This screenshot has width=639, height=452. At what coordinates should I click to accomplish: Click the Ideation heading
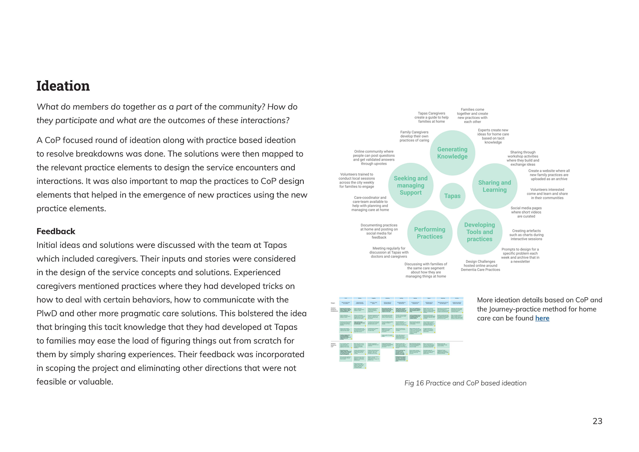point(63,86)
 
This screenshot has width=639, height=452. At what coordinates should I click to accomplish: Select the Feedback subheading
point(56,231)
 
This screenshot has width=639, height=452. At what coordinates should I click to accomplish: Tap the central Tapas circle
point(452,196)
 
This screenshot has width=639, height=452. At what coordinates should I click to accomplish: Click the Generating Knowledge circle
point(452,153)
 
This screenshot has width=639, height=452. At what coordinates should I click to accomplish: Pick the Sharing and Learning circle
point(494,186)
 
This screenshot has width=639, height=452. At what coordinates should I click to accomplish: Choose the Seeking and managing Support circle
point(410,186)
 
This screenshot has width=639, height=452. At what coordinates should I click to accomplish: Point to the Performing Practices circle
point(429,233)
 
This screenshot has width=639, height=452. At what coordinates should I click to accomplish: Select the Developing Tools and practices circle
point(479,232)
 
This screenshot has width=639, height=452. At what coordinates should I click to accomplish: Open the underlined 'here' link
point(542,318)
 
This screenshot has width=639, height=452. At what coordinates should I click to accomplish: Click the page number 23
point(597,421)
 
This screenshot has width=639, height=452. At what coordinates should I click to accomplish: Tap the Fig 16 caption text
point(465,383)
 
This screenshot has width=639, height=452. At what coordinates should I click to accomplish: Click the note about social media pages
point(526,212)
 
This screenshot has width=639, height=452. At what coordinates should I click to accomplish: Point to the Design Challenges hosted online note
point(480,266)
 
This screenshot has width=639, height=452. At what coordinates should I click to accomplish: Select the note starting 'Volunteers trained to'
point(357,180)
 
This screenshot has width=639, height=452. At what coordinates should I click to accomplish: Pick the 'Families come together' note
point(472,115)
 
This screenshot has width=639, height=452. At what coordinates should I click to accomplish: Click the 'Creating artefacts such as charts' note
point(526,235)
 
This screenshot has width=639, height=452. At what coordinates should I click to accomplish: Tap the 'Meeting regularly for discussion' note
point(389,252)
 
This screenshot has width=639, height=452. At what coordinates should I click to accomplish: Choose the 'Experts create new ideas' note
point(493,136)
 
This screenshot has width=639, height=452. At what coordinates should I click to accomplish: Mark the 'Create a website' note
point(549,175)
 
